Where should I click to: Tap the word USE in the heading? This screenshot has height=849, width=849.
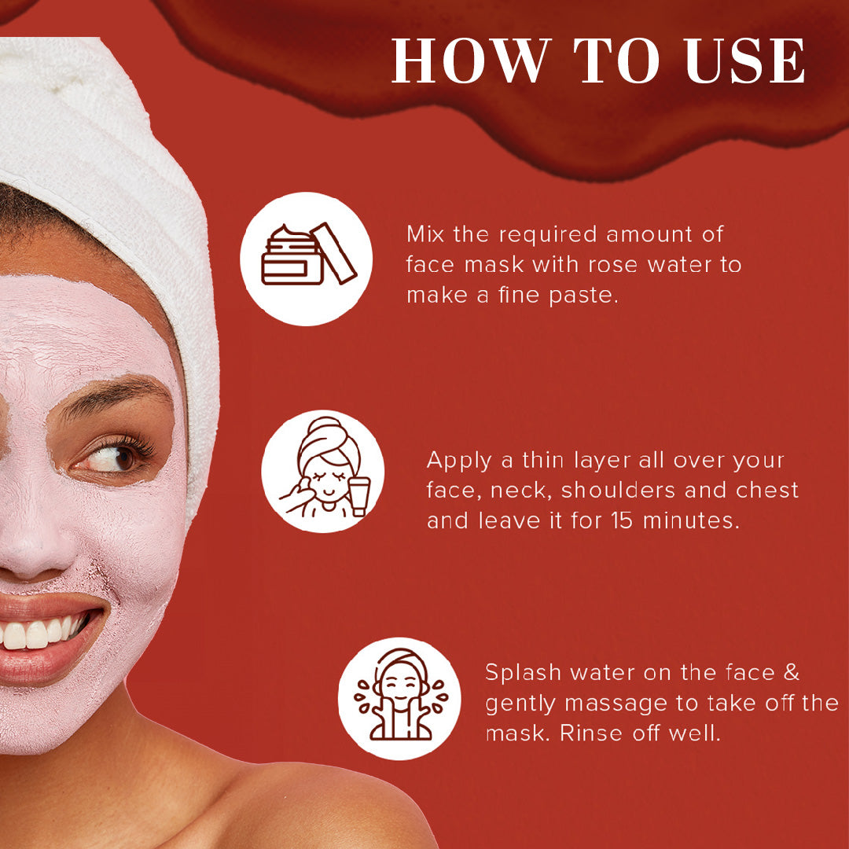(x=744, y=61)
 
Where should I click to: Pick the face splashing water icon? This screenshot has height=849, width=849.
(x=400, y=695)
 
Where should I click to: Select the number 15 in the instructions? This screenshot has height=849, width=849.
(x=622, y=520)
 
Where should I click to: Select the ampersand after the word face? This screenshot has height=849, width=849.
(x=791, y=672)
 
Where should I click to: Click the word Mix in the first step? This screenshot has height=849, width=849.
(x=425, y=234)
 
